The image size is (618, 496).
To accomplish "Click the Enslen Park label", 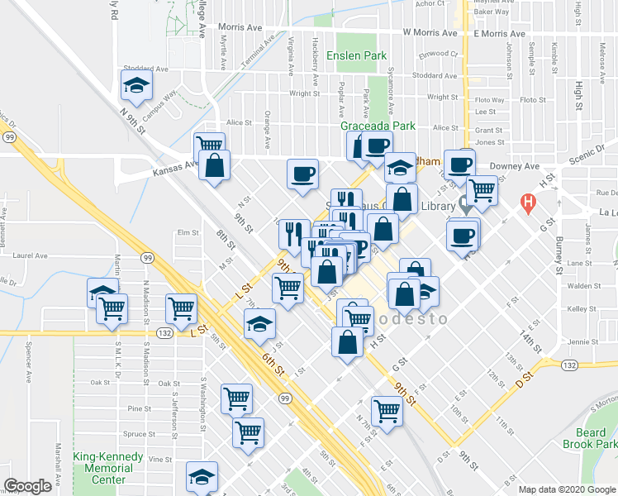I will [x=356, y=56].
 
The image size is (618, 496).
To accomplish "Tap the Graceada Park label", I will [x=378, y=126].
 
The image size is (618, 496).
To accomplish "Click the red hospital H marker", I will [x=525, y=202].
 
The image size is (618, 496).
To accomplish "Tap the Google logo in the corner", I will [x=27, y=486].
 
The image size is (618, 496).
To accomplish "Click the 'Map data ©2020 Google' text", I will [x=566, y=489].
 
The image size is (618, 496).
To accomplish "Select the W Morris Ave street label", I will [x=430, y=34].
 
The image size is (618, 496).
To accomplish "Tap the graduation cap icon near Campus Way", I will [x=136, y=84].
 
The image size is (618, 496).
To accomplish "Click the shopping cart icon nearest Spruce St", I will [x=249, y=431].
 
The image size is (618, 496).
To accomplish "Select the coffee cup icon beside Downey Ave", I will [x=459, y=164].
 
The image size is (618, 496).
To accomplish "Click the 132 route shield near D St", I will [x=545, y=365].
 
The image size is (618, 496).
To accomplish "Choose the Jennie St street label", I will [x=582, y=341].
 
